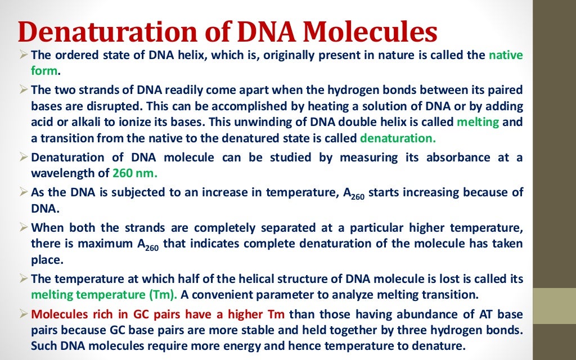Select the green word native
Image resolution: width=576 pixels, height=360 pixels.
point(505,55)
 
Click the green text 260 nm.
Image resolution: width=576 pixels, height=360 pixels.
point(135,173)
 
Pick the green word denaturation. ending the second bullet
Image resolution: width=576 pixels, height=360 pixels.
point(397,138)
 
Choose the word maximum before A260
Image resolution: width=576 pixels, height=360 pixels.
point(89,244)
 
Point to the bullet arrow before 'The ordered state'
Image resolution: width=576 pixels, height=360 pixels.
point(23,55)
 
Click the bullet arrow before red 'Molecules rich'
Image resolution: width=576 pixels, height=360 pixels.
point(23,313)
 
